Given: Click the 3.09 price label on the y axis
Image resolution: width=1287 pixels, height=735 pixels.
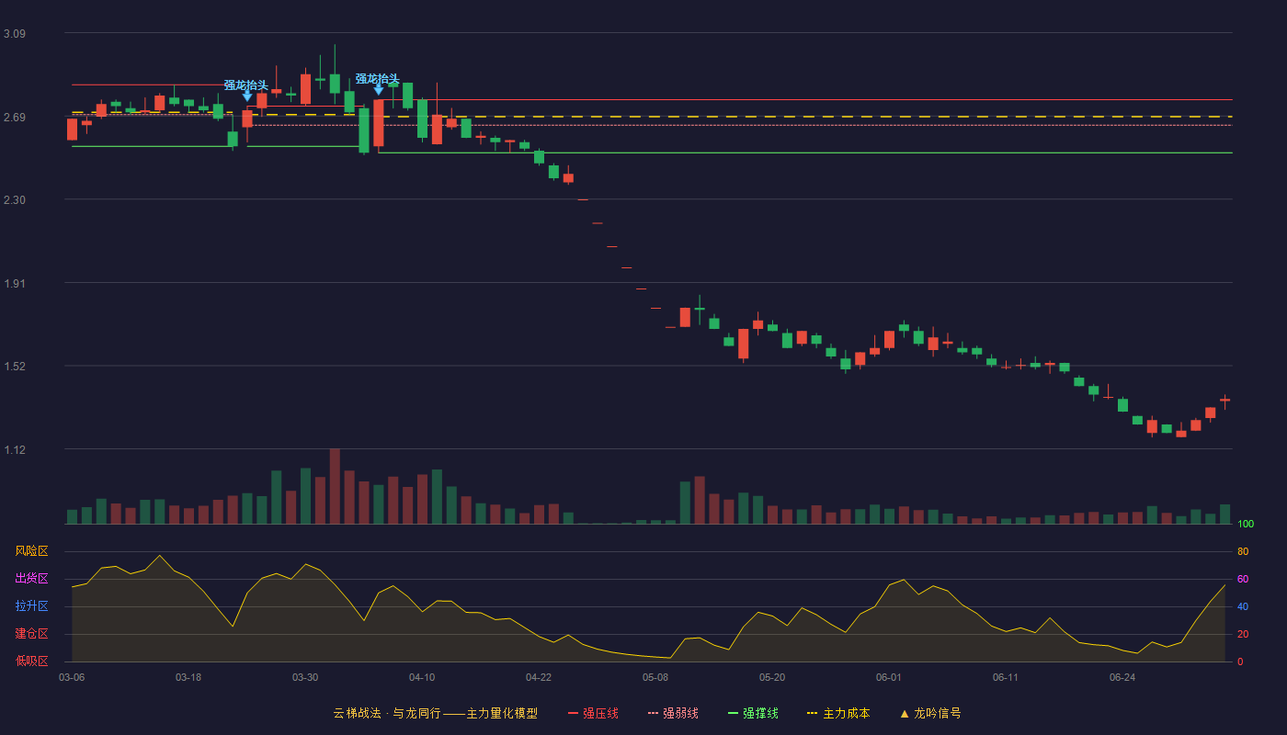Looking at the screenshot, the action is (15, 34).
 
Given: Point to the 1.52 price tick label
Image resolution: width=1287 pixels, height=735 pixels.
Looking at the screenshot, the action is (15, 367).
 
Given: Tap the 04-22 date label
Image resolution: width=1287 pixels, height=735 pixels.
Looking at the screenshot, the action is (539, 678).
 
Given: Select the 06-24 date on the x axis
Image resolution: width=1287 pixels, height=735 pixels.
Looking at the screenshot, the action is (1122, 678).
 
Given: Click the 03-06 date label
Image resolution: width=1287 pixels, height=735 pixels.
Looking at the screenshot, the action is (72, 678).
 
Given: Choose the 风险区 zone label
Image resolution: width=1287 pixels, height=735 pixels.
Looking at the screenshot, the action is (31, 551).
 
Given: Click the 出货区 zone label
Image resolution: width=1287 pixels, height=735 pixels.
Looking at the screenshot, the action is (31, 578).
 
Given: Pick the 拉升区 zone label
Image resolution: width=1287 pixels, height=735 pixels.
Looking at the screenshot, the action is (31, 605).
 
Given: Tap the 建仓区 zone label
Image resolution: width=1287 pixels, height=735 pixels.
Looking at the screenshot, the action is (31, 633).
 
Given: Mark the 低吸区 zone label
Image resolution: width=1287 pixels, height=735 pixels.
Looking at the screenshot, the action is (31, 661).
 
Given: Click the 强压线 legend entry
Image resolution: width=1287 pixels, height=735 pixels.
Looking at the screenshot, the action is (593, 713).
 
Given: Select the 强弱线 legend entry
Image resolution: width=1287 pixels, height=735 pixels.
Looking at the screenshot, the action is (673, 713).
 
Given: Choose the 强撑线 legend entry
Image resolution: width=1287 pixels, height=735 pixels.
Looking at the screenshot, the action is (753, 713).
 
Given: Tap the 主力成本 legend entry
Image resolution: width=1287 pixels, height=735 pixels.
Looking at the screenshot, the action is (838, 713).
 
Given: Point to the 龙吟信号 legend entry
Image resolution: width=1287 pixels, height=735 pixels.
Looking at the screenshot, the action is (930, 713).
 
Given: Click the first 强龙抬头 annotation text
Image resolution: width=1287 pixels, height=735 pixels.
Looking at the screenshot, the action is (246, 85).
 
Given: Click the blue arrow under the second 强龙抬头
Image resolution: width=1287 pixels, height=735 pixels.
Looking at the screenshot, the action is (378, 90).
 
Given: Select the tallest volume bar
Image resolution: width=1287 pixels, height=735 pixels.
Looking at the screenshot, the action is (335, 486).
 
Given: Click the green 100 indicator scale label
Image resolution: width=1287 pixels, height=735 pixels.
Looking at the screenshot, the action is (1246, 524).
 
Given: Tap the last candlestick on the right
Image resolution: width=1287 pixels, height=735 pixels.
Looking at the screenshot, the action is (1224, 401).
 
